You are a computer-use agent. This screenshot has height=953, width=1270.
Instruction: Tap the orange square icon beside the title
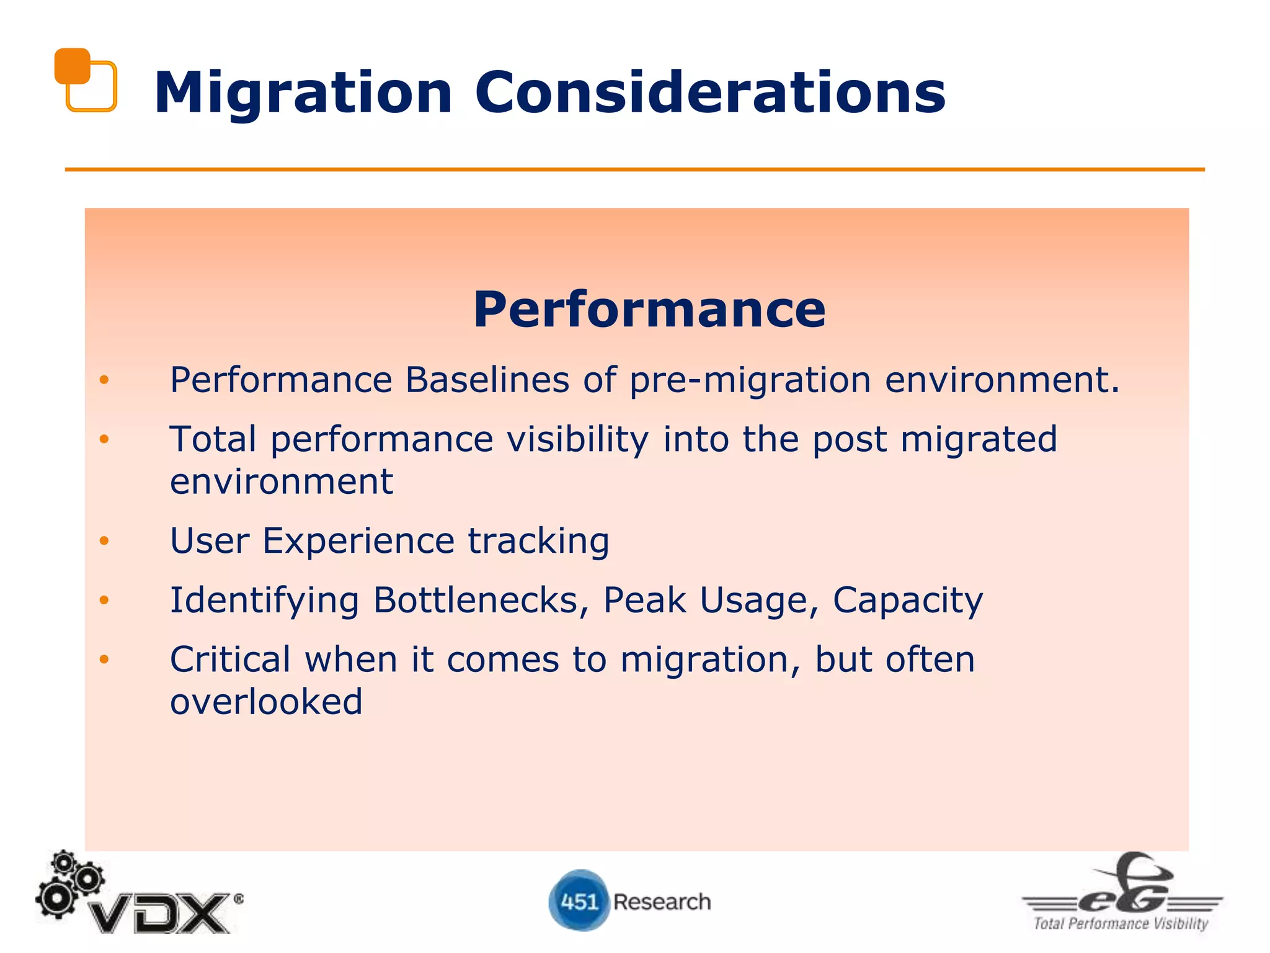85,79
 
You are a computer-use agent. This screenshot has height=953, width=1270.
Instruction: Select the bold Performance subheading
649,310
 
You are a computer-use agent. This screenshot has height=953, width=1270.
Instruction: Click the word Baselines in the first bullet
487,380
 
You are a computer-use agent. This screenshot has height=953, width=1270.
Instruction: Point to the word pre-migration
750,381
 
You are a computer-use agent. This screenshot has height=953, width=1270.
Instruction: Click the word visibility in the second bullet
577,440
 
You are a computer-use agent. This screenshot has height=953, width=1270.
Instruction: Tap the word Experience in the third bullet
358,541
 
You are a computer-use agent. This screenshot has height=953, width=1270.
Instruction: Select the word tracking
538,542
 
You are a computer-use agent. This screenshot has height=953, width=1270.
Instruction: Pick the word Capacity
907,601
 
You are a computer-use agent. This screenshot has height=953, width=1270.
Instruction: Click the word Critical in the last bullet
230,660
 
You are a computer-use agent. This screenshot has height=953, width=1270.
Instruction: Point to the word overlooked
266,702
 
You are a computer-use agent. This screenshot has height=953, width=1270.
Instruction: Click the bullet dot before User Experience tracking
104,541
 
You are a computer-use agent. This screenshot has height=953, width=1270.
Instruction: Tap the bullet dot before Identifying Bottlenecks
104,600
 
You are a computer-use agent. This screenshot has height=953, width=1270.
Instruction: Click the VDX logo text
159,913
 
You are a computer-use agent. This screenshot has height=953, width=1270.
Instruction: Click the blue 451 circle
579,901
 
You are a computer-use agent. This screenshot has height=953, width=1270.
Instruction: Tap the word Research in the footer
662,902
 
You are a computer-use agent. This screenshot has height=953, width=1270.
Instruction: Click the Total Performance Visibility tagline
1121,924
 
